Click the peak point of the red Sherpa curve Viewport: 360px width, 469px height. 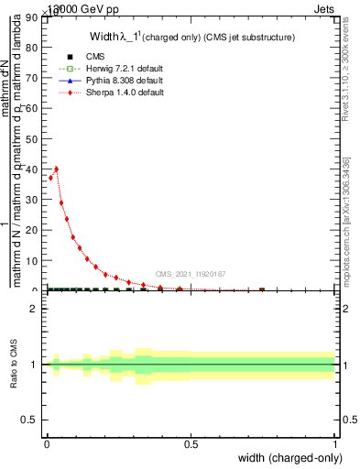[x=56, y=169]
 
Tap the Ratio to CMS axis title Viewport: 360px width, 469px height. [x=14, y=365]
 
